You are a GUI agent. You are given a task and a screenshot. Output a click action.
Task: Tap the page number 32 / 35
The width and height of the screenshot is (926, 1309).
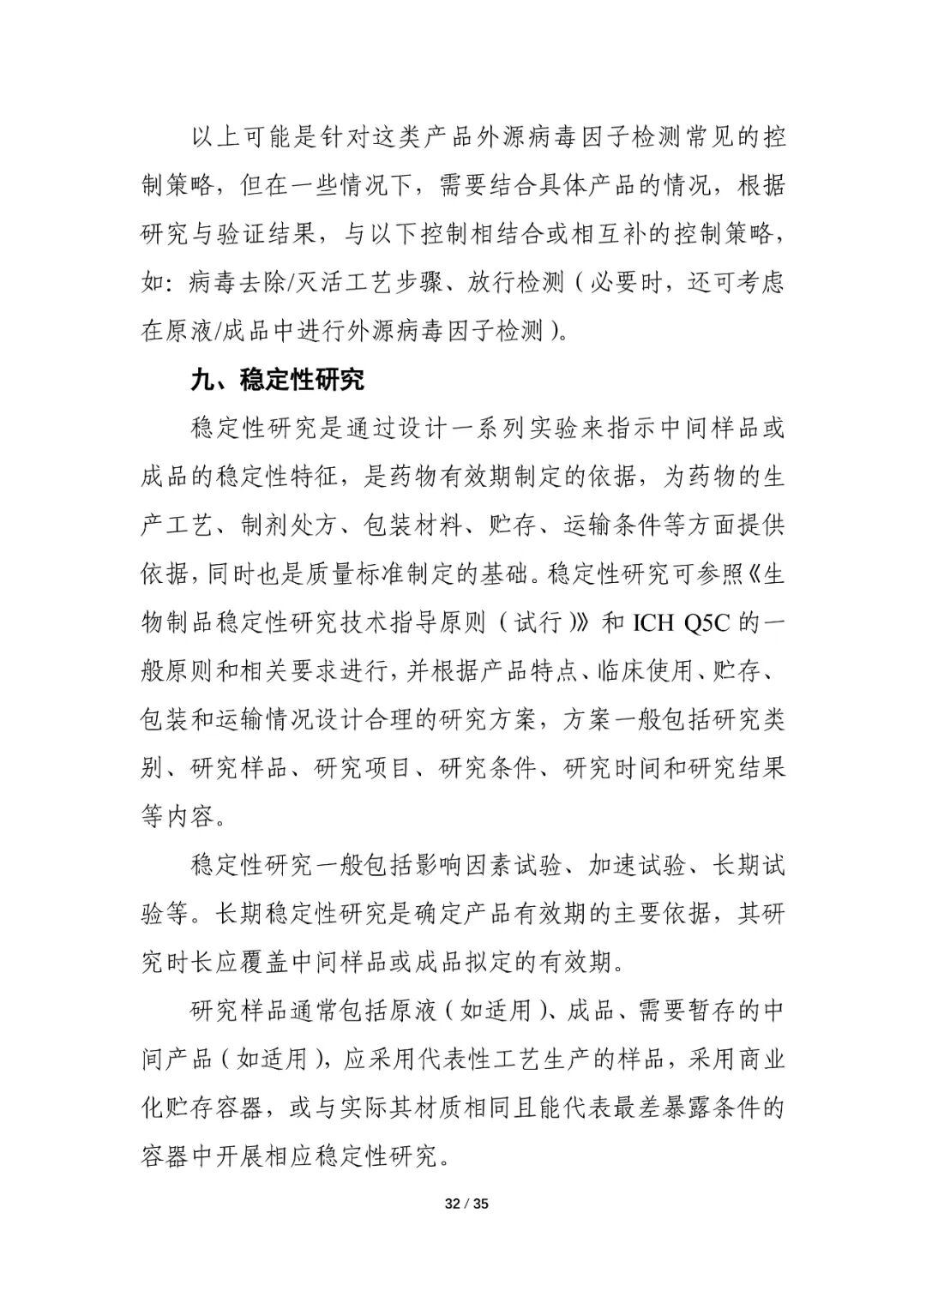click(466, 1204)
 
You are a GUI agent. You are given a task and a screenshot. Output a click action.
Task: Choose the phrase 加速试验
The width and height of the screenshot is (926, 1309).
click(637, 866)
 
